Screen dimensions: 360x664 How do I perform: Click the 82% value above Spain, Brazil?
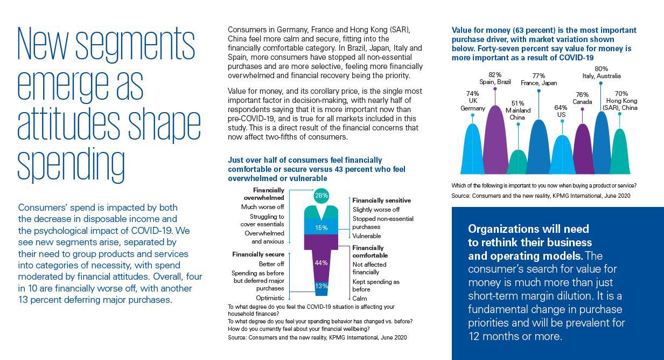coord(495,75)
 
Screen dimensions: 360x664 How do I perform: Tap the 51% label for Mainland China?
coord(518,103)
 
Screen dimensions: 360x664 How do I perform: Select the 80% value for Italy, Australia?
coord(602,68)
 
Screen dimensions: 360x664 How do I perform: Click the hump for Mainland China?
coord(518,163)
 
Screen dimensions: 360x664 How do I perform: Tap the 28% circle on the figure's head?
coord(321,196)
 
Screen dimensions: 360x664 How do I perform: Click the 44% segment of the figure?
coord(321,262)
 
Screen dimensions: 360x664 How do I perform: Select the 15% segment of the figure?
coord(321,227)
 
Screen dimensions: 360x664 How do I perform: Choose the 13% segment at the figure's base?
coord(321,286)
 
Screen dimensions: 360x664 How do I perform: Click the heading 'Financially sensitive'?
coord(381,200)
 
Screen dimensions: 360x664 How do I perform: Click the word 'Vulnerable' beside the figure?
coord(367,236)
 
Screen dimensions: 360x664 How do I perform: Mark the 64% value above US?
coord(561,107)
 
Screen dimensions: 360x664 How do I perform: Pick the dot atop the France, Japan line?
coord(539,90)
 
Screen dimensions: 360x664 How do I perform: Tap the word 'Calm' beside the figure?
coord(360,298)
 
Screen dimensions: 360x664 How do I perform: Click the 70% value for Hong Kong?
coord(621,93)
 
